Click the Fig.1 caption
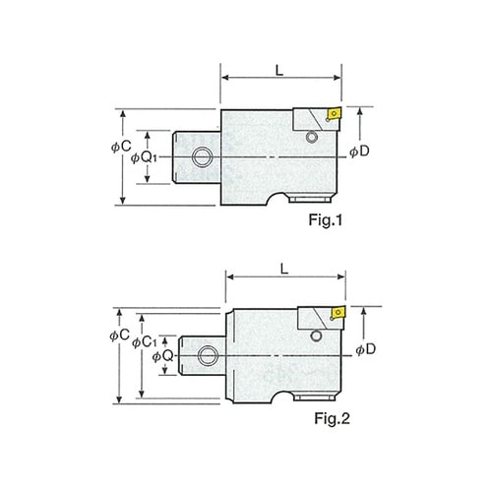click(326, 220)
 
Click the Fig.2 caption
click(332, 418)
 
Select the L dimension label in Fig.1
click(279, 70)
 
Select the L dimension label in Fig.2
click(284, 269)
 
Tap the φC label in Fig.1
click(121, 147)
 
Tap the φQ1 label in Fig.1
click(144, 157)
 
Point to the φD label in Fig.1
click(359, 152)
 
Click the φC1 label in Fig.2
click(145, 342)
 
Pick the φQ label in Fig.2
click(162, 356)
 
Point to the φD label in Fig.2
click(366, 350)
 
